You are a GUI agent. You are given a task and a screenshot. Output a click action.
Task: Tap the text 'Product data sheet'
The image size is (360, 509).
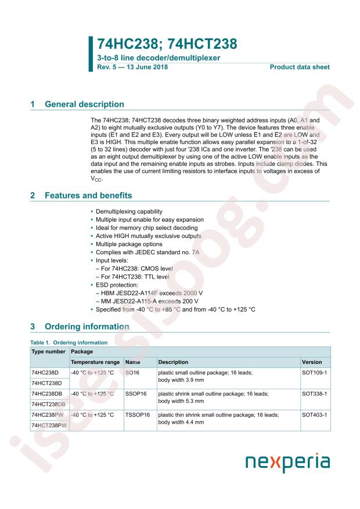tap(300, 67)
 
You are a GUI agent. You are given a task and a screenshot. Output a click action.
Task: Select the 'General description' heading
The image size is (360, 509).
tap(84, 104)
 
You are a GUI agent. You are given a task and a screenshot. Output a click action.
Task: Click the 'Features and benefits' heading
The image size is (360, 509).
tap(88, 196)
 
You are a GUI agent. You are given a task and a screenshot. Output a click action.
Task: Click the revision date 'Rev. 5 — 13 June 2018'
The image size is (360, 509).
tap(129, 67)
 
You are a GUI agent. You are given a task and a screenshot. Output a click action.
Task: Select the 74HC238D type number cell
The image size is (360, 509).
tap(45, 372)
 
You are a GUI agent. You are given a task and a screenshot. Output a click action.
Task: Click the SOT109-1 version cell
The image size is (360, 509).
tap(315, 372)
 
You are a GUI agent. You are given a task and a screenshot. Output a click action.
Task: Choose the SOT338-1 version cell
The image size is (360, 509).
tap(315, 394)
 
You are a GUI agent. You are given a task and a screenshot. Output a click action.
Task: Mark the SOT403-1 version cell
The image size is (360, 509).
tap(315, 416)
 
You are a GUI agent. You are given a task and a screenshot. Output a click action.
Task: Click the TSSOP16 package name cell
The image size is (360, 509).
tap(138, 416)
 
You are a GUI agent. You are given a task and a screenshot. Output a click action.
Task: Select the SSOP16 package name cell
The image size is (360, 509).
tap(137, 394)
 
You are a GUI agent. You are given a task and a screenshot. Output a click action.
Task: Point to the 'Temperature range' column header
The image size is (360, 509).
tap(95, 362)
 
